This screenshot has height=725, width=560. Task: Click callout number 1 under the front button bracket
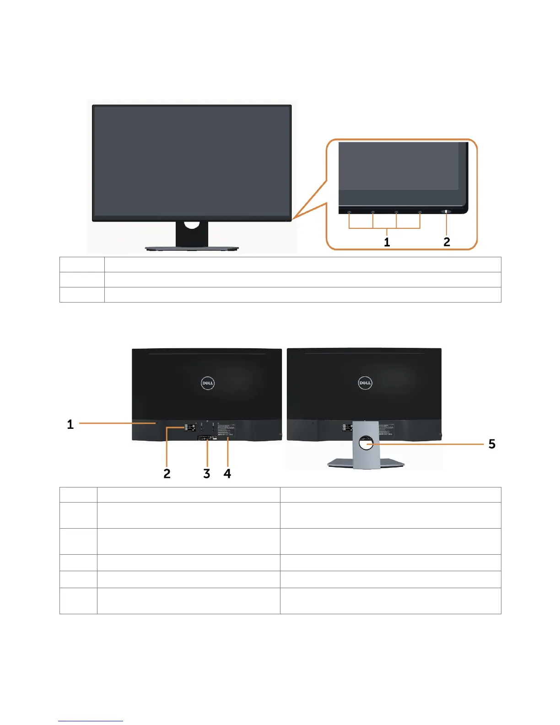click(387, 242)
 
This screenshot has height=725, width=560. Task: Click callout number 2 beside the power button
click(447, 242)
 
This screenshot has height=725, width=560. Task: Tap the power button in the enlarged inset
click(446, 211)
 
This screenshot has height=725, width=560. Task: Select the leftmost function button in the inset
click(349, 212)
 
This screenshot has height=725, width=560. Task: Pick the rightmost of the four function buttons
click(420, 212)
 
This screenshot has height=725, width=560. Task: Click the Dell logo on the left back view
click(208, 383)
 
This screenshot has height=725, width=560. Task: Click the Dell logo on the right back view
click(365, 383)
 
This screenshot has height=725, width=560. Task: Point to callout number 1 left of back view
click(70, 424)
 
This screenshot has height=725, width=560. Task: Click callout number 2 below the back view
click(167, 473)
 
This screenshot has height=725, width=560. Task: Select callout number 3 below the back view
click(207, 473)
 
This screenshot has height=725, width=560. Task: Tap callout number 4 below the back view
click(227, 473)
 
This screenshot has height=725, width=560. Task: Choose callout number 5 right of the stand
click(492, 444)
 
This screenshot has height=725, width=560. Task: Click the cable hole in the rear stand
click(366, 443)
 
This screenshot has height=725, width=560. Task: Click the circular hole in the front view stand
click(192, 224)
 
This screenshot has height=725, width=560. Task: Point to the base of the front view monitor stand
click(192, 248)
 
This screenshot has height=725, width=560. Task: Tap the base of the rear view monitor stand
click(366, 463)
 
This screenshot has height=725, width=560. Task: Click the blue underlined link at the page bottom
click(91, 721)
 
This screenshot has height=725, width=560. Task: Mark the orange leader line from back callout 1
click(117, 424)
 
